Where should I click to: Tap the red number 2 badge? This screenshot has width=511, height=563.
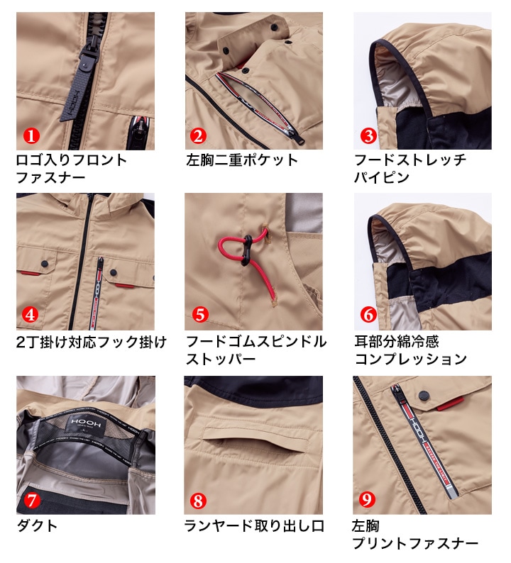click(198, 135)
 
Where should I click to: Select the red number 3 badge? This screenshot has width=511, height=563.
click(368, 135)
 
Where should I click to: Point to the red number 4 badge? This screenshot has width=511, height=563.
click(31, 313)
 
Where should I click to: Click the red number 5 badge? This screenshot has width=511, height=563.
click(199, 313)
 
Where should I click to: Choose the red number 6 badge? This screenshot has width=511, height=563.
click(368, 313)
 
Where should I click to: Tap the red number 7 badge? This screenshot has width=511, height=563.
click(31, 500)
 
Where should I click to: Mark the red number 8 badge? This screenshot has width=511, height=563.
click(199, 500)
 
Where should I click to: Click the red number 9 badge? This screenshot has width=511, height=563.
click(368, 500)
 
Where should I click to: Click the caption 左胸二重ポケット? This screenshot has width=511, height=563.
click(241, 160)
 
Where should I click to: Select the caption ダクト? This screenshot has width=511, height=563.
click(37, 526)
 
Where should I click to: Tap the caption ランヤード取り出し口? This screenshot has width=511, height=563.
click(254, 526)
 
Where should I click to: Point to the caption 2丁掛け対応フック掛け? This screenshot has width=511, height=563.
click(91, 342)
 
